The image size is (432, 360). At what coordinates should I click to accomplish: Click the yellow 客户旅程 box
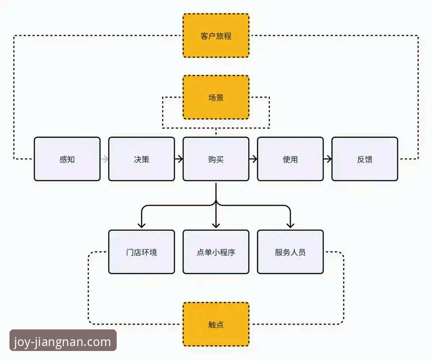point(216,36)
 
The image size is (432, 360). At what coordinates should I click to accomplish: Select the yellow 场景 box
point(216,97)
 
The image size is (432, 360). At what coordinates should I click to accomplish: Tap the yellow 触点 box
point(216,324)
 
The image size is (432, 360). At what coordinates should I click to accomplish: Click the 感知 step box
point(67,159)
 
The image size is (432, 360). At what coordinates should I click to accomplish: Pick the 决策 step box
point(141,159)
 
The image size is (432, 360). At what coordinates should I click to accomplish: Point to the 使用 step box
point(290,159)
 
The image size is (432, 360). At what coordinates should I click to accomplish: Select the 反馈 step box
point(364,159)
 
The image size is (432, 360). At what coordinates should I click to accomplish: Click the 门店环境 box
point(141,252)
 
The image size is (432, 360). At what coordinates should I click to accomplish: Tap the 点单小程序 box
point(216,252)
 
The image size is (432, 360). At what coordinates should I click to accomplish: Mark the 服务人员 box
point(290,252)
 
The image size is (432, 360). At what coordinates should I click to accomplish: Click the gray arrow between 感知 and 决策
point(105,159)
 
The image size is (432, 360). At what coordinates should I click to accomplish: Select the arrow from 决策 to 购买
point(179,159)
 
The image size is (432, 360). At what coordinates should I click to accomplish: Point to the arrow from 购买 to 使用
point(253,159)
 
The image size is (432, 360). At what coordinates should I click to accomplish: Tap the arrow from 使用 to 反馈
point(327,159)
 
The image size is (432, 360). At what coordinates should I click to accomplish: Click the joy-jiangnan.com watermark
point(63,342)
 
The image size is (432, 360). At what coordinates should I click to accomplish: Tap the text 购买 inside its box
point(216,159)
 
